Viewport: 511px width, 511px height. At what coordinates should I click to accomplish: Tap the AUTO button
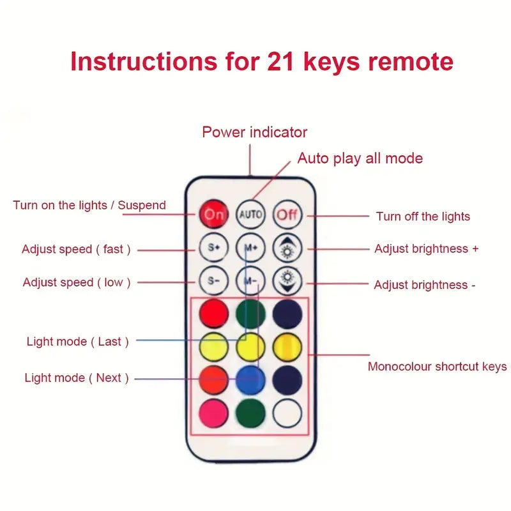coord(250,214)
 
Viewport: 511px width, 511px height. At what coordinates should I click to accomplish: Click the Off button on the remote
coord(287,214)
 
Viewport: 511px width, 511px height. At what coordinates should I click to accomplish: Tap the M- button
coord(250,280)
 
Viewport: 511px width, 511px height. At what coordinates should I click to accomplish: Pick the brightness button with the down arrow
coord(287,280)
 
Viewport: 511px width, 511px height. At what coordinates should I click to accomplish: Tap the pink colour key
coord(213,412)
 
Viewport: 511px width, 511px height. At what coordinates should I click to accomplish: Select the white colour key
coord(287,413)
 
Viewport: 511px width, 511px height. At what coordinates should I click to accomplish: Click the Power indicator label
coord(254,132)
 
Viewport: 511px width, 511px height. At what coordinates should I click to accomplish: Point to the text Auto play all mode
coord(360,158)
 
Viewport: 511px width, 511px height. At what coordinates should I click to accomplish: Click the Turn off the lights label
coord(423,217)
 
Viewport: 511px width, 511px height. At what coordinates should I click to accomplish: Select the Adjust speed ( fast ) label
coord(76,249)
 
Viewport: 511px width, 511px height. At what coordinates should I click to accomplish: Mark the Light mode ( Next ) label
coord(77,378)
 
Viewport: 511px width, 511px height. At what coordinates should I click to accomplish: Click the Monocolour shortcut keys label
coord(437,367)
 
